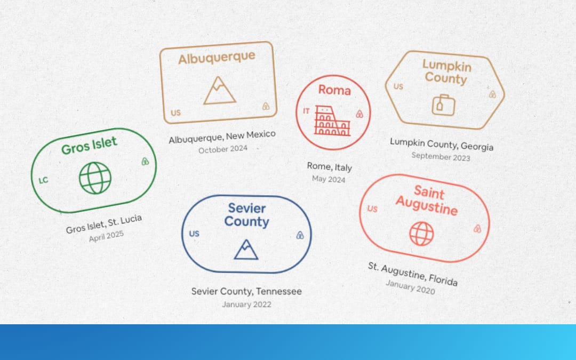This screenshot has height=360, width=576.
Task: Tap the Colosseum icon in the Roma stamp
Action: (x=332, y=121)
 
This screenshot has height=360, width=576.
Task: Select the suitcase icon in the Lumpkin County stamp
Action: (x=444, y=105)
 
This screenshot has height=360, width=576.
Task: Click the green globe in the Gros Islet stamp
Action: (x=95, y=178)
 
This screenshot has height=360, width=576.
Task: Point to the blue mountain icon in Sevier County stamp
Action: (x=246, y=250)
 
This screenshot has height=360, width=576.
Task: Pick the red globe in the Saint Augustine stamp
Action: (x=421, y=234)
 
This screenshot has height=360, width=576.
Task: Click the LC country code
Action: (x=43, y=180)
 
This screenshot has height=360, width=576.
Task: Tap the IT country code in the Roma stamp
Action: (x=306, y=111)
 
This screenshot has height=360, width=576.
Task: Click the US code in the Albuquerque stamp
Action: (x=175, y=113)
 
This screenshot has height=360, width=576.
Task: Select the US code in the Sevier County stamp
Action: (x=194, y=234)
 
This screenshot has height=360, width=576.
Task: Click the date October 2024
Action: (x=223, y=149)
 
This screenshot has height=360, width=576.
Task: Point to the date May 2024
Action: (x=329, y=179)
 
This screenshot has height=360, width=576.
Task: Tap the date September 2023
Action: (x=441, y=157)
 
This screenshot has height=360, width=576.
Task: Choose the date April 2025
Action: (x=106, y=236)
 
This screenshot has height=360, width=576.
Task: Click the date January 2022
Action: (x=246, y=305)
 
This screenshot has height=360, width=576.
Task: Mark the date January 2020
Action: (x=410, y=287)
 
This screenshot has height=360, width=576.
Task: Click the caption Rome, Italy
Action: (x=330, y=167)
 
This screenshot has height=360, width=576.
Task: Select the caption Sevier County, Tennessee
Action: (x=246, y=291)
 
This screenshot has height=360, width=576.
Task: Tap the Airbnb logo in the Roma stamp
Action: (x=359, y=114)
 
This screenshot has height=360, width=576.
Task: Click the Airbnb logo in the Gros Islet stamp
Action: (x=145, y=161)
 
